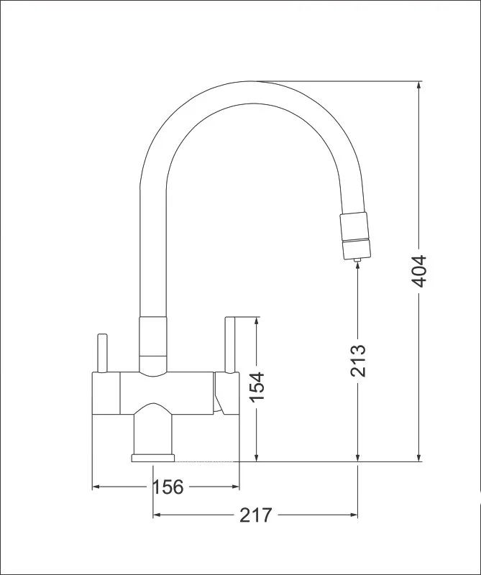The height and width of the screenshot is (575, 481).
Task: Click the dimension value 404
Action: (418, 272)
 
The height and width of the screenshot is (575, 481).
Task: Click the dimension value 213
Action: (358, 361)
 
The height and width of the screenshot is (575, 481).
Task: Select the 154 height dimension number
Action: (257, 387)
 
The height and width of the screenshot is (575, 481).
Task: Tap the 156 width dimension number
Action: (168, 487)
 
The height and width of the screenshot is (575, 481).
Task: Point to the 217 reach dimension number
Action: (256, 515)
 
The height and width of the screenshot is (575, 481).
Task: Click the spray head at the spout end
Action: (355, 236)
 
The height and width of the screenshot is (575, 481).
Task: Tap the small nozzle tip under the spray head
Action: (357, 260)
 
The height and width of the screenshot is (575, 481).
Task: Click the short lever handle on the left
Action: (101, 354)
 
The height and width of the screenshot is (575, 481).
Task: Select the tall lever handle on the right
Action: (229, 345)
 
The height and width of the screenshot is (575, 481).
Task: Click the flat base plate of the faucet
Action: (153, 458)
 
